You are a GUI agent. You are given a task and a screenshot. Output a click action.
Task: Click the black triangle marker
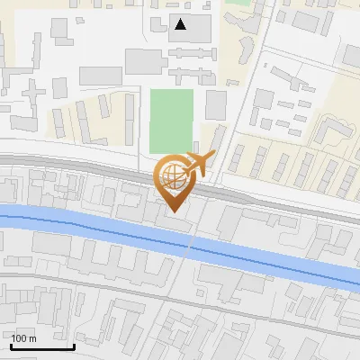coord(181,24)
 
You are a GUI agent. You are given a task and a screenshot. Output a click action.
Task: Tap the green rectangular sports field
coord(171,120)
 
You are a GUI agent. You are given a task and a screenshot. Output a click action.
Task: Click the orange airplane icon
coord(202,163)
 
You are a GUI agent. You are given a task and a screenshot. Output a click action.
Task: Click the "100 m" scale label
coord(23,338)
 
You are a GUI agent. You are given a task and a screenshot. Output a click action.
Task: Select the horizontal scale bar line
coord(42,346)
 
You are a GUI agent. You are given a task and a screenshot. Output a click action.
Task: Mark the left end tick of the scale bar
coord(11,345)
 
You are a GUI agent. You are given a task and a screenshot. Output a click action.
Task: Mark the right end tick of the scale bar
coord(74,345)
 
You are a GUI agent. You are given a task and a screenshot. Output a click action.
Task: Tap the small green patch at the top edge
coord(238,3)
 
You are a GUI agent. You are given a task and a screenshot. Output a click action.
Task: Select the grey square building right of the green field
coord(216,105)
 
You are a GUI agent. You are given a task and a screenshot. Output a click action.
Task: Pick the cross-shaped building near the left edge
coord(33,93)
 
